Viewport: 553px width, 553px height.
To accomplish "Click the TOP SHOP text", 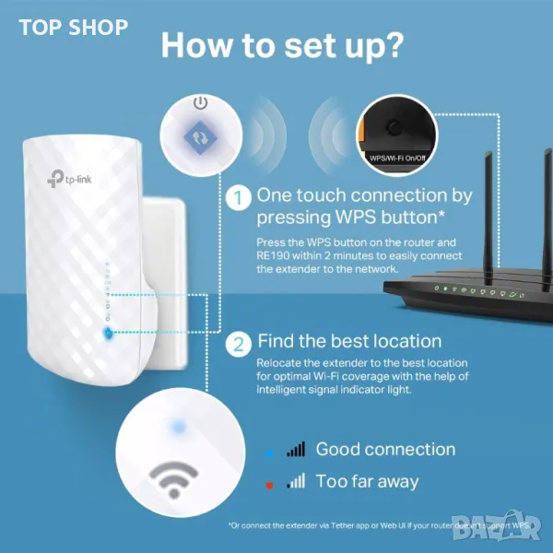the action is pos(74,28).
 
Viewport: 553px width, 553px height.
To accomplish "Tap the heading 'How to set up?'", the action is pos(282,46).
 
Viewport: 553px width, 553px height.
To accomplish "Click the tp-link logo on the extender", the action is pos(69,179).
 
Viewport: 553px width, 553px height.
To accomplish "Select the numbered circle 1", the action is pos(239,198).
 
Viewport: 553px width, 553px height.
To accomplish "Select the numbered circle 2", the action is pos(239,344).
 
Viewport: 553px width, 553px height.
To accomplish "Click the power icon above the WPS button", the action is pos(201,103).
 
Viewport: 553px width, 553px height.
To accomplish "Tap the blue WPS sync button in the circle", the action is pos(201,137).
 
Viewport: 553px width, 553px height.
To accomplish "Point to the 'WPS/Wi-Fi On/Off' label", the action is pos(397,158).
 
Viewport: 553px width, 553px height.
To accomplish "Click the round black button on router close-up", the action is pos(394,126).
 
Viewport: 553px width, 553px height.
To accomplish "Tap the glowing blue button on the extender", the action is pos(108,333).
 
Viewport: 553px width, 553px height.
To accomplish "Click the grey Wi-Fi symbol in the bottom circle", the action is pos(173,479).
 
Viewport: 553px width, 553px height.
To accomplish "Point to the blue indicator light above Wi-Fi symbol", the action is pos(178,427).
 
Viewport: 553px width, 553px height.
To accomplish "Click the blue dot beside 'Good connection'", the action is pos(269,453).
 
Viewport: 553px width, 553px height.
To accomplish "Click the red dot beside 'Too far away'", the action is pos(269,486).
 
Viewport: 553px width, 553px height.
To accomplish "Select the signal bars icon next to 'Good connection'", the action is pos(296,450).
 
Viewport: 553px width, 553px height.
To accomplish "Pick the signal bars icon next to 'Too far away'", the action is pos(296,481).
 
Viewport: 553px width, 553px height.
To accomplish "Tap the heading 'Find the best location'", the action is pos(349,341).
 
